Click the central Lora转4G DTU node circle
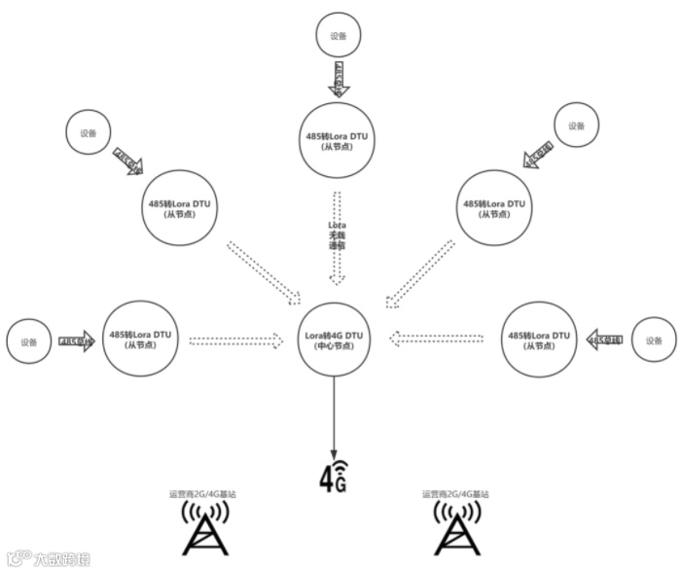(x=334, y=340)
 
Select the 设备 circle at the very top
(x=338, y=36)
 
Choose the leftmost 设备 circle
(x=29, y=341)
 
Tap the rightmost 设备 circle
(x=654, y=341)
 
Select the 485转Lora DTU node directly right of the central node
(x=539, y=340)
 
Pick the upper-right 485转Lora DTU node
(x=494, y=208)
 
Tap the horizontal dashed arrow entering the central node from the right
(x=437, y=340)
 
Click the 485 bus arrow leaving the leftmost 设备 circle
(x=77, y=341)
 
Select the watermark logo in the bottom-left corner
(x=49, y=559)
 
